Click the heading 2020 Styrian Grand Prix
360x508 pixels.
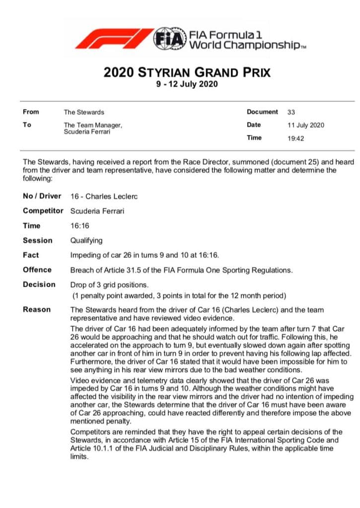click(x=187, y=72)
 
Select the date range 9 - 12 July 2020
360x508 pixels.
click(x=187, y=84)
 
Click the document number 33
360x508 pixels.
click(x=291, y=112)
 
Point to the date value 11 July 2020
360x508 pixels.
click(x=305, y=125)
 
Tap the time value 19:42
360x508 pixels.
click(x=295, y=138)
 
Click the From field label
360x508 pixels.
click(x=31, y=112)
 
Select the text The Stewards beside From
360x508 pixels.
click(x=84, y=112)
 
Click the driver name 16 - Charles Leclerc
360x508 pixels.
click(x=104, y=196)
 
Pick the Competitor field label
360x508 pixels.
click(x=43, y=211)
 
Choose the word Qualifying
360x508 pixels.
click(x=87, y=241)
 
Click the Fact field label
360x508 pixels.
click(x=31, y=255)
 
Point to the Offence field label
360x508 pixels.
click(x=37, y=270)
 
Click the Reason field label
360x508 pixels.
click(x=37, y=310)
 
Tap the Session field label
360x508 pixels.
click(x=37, y=241)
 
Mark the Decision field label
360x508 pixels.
click(x=39, y=285)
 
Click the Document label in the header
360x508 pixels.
click(x=262, y=112)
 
